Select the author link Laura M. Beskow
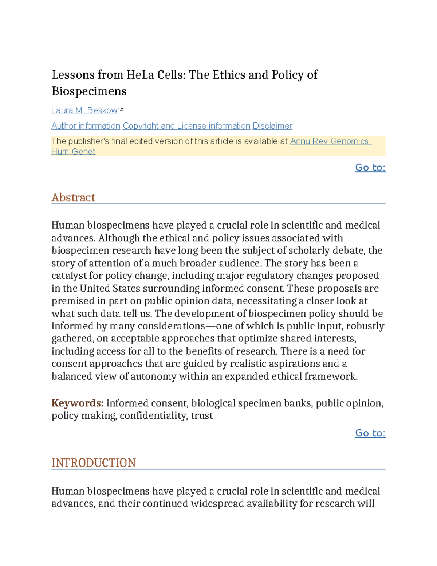(x=84, y=110)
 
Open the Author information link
(x=86, y=126)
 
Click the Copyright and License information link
(x=186, y=126)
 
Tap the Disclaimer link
(x=272, y=126)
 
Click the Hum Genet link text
(x=73, y=152)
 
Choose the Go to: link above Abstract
(x=370, y=167)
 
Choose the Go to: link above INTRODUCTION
(x=370, y=433)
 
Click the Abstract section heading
(x=73, y=198)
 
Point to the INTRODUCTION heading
(x=94, y=463)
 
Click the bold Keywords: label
(x=78, y=403)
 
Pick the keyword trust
(x=202, y=415)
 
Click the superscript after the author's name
(x=121, y=109)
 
